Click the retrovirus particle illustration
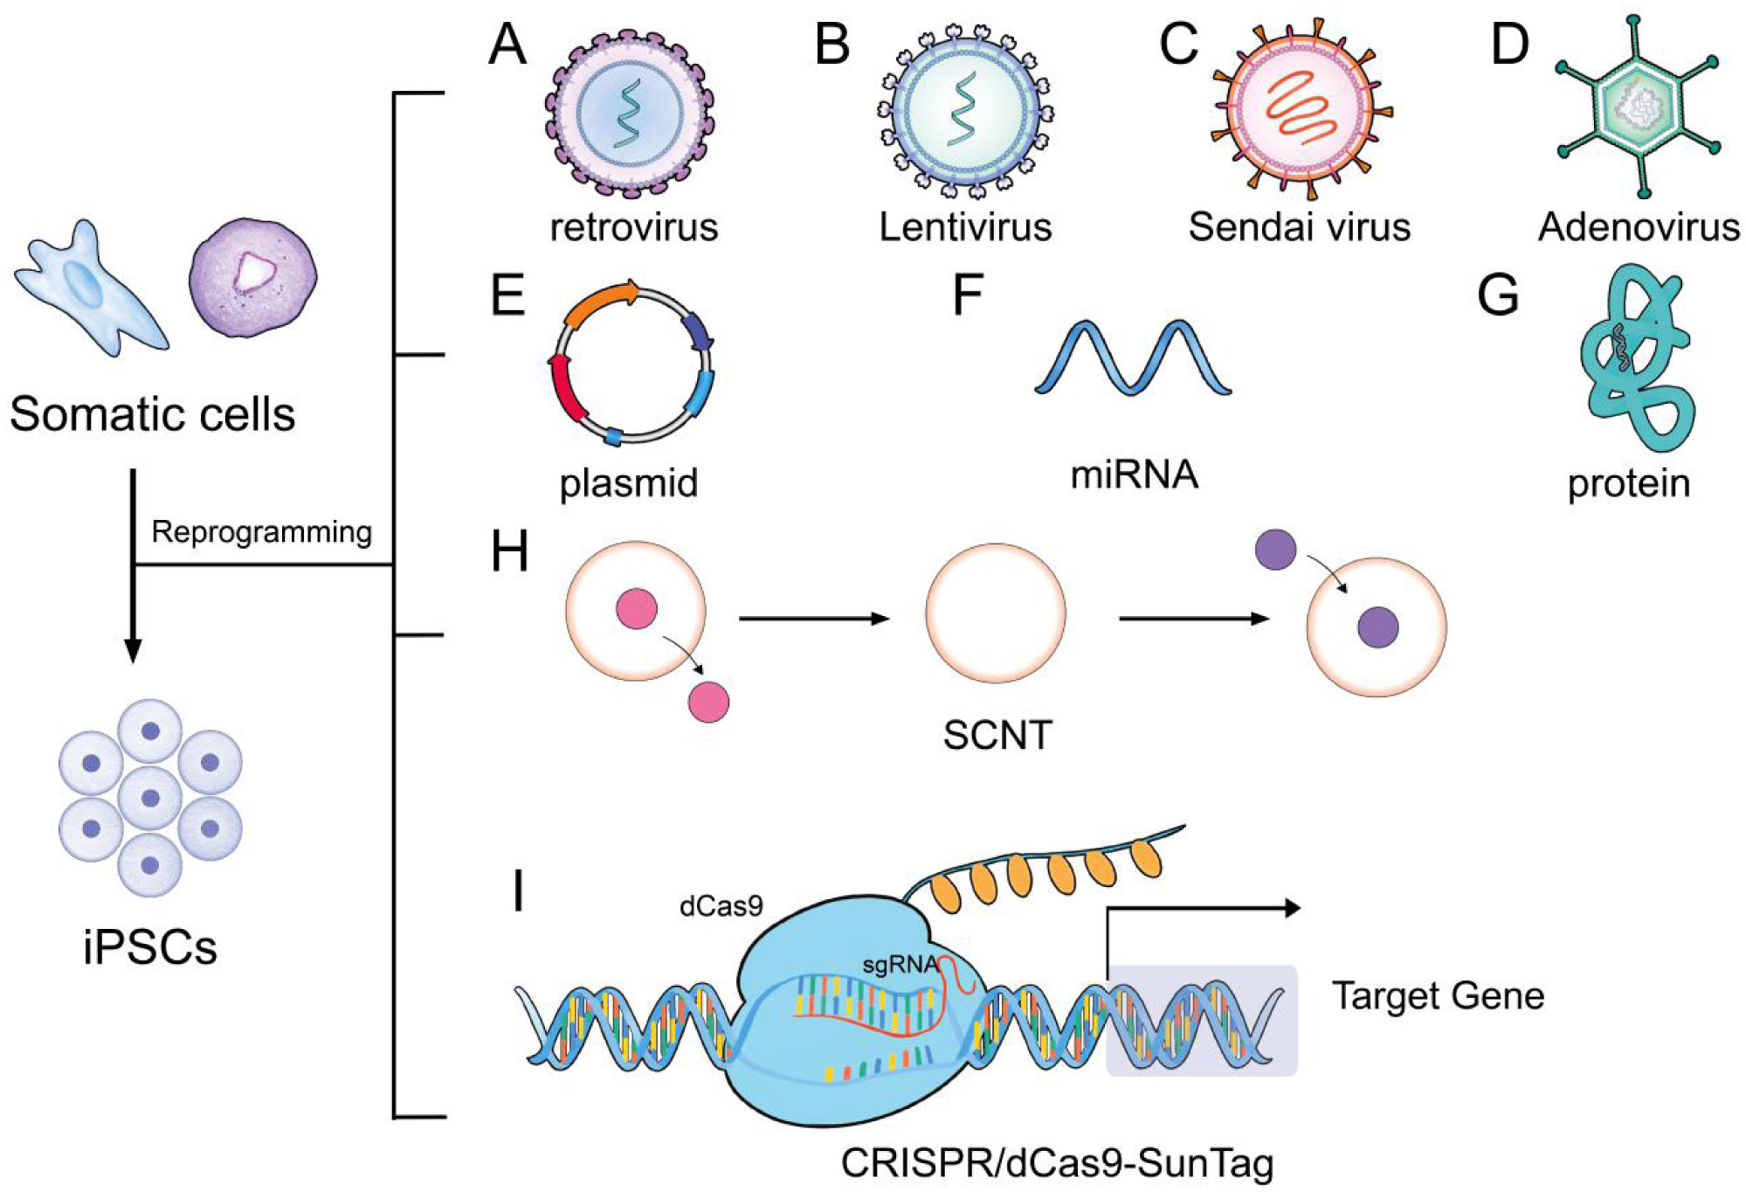[629, 113]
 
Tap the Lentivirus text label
[965, 227]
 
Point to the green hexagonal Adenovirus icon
[1639, 107]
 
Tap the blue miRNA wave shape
[1133, 358]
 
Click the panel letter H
[510, 552]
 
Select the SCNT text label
[997, 736]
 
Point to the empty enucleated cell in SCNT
[995, 613]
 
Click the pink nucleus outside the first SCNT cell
[708, 702]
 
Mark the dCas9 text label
[721, 906]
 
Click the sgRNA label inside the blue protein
[899, 966]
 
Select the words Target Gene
[1438, 996]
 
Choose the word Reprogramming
[261, 531]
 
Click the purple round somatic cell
[253, 278]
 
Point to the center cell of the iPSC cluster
[150, 798]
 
